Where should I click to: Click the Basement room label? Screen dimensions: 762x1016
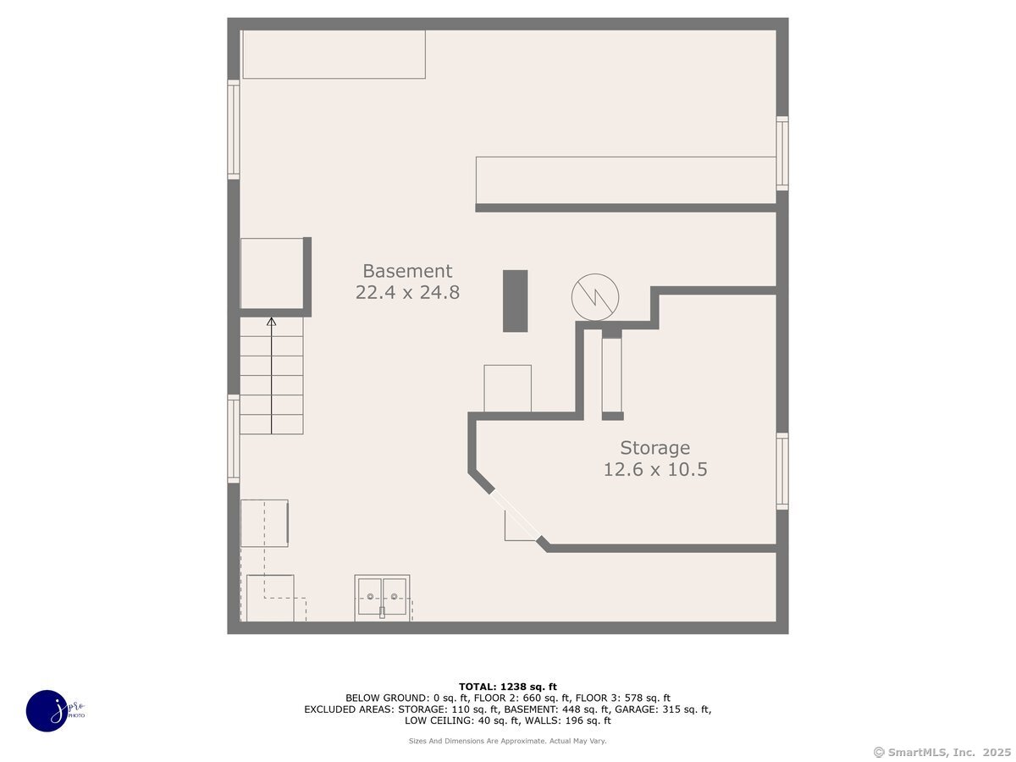pyautogui.click(x=407, y=271)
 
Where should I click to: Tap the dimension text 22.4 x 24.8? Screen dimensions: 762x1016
pyautogui.click(x=407, y=293)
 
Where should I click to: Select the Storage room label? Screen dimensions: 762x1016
pyautogui.click(x=654, y=448)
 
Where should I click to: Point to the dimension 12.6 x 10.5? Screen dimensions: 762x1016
pyautogui.click(x=654, y=470)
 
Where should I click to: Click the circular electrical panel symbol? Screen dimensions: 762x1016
pyautogui.click(x=595, y=297)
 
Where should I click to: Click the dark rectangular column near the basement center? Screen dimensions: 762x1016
pyautogui.click(x=515, y=301)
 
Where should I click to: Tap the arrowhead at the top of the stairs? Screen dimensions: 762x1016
pyautogui.click(x=271, y=322)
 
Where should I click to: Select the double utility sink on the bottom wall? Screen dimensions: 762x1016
pyautogui.click(x=382, y=598)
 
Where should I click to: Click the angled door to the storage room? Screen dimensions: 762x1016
pyautogui.click(x=516, y=516)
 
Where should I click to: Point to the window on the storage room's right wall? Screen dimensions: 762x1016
pyautogui.click(x=781, y=472)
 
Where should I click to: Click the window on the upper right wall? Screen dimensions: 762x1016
pyautogui.click(x=781, y=153)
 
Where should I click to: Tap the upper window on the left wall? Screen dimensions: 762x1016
pyautogui.click(x=234, y=129)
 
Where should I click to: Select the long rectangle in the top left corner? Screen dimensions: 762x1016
pyautogui.click(x=334, y=55)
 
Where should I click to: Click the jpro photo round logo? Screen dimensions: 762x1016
pyautogui.click(x=47, y=710)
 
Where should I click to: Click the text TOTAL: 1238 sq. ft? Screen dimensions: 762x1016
pyautogui.click(x=508, y=687)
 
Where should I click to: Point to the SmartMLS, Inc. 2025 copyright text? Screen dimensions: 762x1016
pyautogui.click(x=941, y=752)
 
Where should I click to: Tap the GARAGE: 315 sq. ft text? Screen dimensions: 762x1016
pyautogui.click(x=669, y=710)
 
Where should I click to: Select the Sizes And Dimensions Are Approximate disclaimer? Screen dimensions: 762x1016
pyautogui.click(x=508, y=741)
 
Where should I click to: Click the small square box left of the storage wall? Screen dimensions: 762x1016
pyautogui.click(x=507, y=389)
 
